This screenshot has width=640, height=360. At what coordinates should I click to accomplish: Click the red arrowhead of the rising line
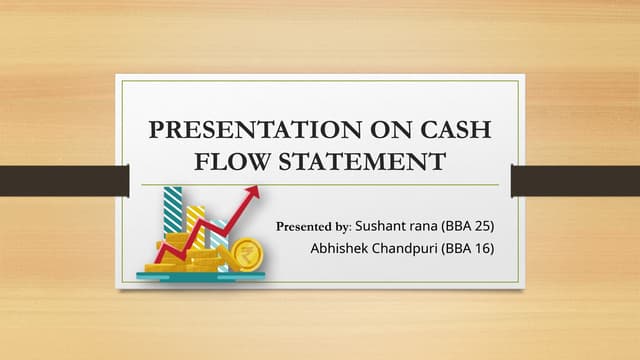tap(252, 191)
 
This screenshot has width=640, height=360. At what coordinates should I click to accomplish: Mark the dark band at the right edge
tap(575, 181)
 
